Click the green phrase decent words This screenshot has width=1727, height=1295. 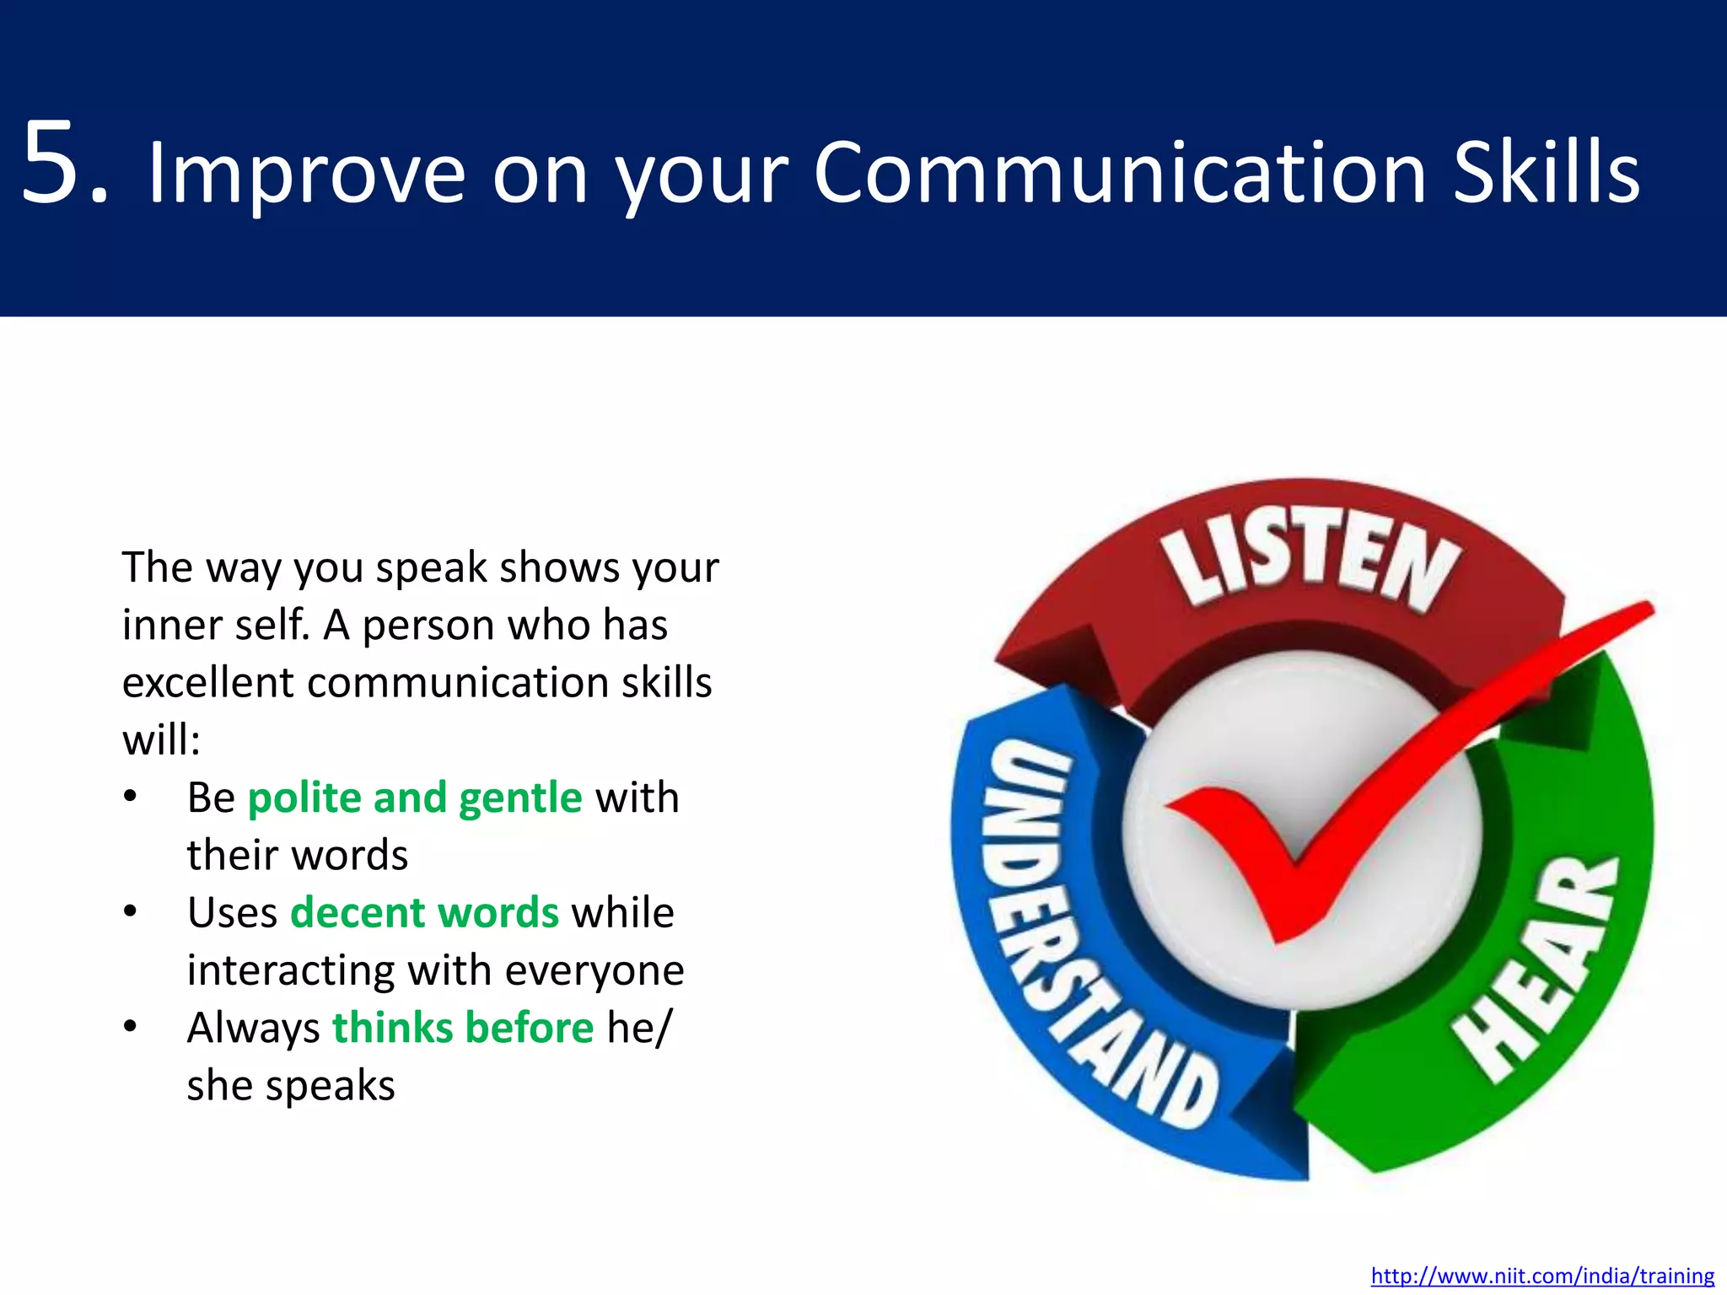(x=424, y=913)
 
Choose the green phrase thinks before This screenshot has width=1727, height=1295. (x=463, y=1028)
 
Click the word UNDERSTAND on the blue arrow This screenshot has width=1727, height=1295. (x=1088, y=927)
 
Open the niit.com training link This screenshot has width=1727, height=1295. (x=1542, y=1276)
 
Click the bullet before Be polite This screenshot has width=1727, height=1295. (x=130, y=798)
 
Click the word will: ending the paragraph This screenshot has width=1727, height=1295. (x=161, y=740)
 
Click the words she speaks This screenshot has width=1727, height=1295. (x=291, y=1086)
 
